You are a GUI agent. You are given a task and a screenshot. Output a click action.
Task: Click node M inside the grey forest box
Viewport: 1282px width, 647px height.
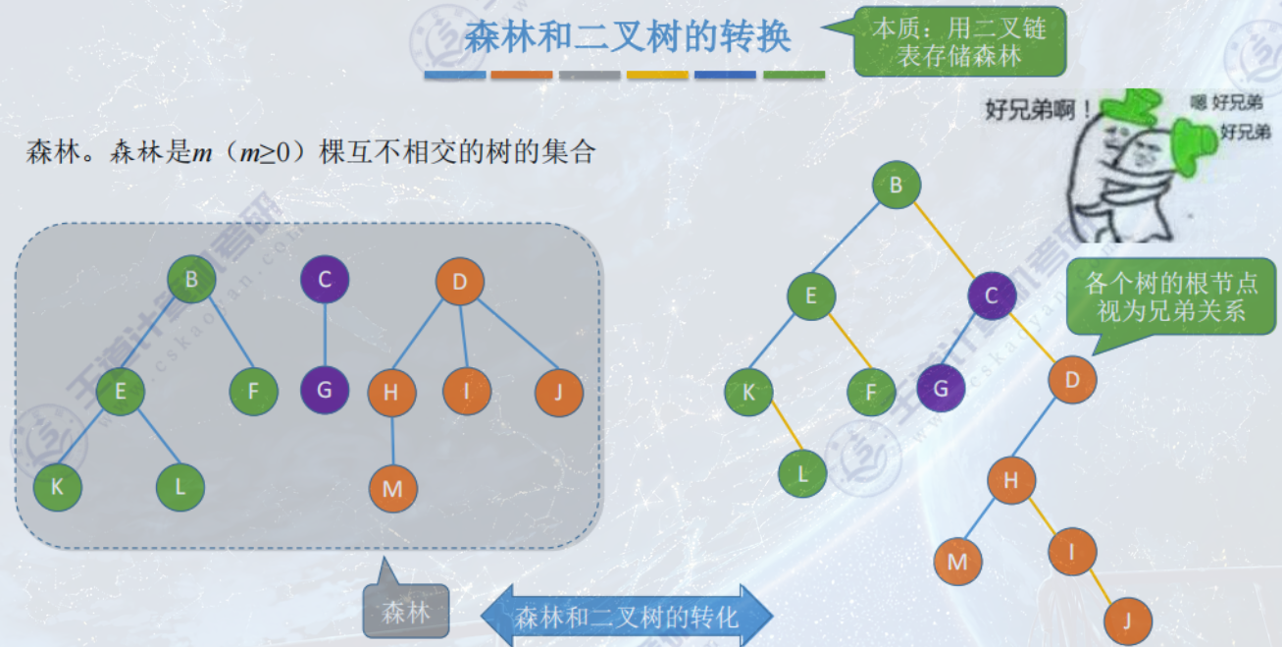point(392,489)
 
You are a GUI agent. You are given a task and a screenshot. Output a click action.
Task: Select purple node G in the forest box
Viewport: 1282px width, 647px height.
point(325,389)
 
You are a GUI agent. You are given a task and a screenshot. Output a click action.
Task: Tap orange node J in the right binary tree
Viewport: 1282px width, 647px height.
point(1127,620)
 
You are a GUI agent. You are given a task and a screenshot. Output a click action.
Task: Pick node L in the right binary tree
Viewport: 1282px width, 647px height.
point(802,474)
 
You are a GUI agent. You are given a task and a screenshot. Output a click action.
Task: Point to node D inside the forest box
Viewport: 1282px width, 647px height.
point(459,283)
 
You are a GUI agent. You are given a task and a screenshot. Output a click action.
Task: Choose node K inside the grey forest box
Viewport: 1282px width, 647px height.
point(57,486)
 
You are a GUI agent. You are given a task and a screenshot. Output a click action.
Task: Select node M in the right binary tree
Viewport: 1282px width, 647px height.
point(957,562)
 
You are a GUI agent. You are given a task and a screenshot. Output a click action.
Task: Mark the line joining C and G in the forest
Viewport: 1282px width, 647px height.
point(325,335)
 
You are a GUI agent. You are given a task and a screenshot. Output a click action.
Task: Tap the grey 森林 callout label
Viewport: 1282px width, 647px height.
point(405,614)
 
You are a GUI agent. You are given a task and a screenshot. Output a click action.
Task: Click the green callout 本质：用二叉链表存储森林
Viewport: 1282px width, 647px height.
point(959,42)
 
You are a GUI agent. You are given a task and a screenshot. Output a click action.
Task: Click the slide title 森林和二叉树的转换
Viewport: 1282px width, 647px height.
point(627,38)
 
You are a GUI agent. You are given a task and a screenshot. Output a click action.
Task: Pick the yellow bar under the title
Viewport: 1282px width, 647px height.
point(657,75)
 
